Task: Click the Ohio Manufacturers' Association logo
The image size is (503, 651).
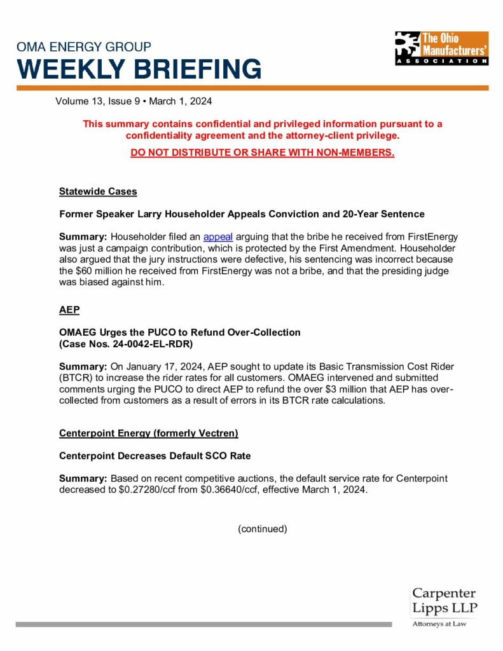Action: click(441, 48)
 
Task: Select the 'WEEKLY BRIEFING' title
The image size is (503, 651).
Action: click(139, 69)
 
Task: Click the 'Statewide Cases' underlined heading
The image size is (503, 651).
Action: click(98, 191)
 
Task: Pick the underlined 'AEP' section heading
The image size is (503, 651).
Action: click(69, 309)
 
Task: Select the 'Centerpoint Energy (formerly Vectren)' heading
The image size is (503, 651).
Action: click(149, 433)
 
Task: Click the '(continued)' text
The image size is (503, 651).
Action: click(263, 528)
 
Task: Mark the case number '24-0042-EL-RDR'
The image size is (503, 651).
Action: click(151, 343)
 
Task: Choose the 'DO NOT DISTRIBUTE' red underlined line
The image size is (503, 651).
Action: click(262, 153)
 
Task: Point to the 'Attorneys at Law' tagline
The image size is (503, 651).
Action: click(439, 624)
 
